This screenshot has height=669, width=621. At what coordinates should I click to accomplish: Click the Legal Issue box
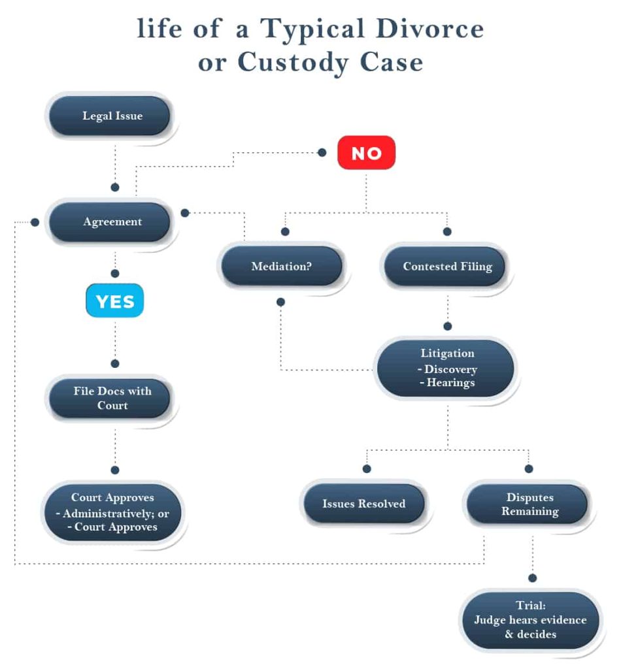[x=112, y=116]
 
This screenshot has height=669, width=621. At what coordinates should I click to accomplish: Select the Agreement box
[x=112, y=222]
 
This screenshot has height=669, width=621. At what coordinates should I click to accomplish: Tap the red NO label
[x=366, y=153]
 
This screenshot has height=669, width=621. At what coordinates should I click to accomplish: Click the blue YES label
[x=115, y=301]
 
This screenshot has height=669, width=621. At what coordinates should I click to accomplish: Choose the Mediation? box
[x=281, y=267]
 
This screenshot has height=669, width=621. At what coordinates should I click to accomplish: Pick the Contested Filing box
[x=447, y=267]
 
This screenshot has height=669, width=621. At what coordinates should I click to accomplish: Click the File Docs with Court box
[x=112, y=399]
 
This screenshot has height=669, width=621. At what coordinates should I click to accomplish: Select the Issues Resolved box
[x=363, y=504]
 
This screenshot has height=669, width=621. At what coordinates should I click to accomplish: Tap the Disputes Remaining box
[x=529, y=504]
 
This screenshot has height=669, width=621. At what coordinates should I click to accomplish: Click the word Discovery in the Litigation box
[x=450, y=369]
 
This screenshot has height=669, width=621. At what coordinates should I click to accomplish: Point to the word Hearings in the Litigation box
[x=450, y=383]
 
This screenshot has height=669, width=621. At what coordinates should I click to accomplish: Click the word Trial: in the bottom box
[x=530, y=606]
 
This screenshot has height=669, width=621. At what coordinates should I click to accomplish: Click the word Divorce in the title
[x=437, y=29]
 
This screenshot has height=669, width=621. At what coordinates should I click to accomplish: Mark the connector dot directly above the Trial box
[x=533, y=578]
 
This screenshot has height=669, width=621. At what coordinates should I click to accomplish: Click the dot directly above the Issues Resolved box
[x=367, y=468]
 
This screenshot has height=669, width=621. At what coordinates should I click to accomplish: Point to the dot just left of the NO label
[x=322, y=152]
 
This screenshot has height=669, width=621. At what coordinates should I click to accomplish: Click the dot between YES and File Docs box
[x=115, y=363]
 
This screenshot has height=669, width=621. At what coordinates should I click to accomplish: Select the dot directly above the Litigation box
[x=448, y=326]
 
